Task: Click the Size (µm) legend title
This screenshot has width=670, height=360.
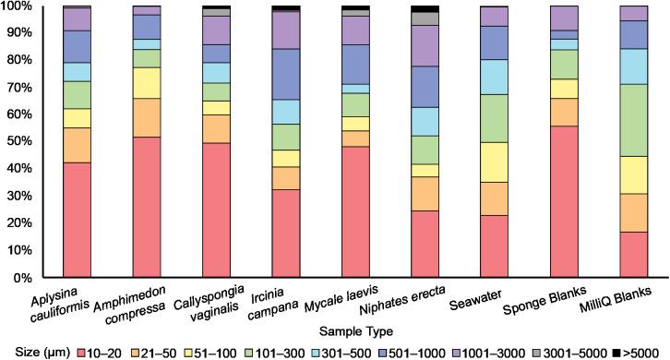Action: coord(42,352)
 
